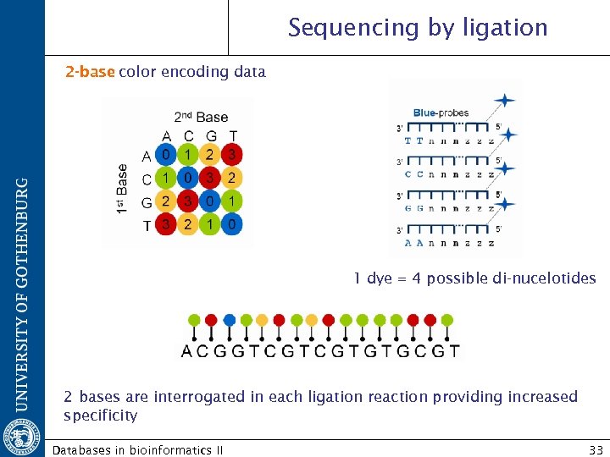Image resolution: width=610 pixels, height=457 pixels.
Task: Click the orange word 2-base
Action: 90,72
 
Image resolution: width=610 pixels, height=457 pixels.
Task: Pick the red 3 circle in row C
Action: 210,178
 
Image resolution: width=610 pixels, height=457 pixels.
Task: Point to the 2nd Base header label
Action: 201,117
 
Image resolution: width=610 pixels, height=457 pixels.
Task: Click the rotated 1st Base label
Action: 124,189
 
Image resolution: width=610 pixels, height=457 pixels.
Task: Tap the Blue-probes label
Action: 441,113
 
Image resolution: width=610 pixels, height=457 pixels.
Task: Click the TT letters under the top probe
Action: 414,141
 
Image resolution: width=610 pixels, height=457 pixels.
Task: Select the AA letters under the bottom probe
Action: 414,243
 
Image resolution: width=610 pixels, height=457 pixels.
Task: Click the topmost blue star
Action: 505,100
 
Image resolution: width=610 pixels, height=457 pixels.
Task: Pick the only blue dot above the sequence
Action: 229,320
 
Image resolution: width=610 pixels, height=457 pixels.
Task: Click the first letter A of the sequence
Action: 188,350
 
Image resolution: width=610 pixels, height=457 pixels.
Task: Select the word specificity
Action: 100,416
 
